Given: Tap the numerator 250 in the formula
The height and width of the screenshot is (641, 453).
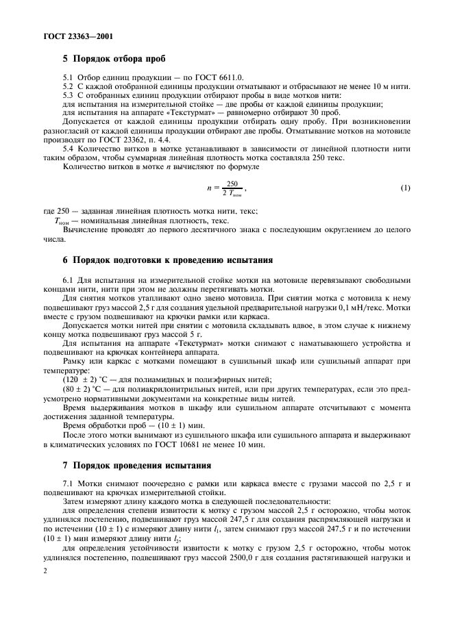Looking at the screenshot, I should click(x=232, y=183).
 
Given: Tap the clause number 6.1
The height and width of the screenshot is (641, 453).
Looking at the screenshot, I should click(x=69, y=280).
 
